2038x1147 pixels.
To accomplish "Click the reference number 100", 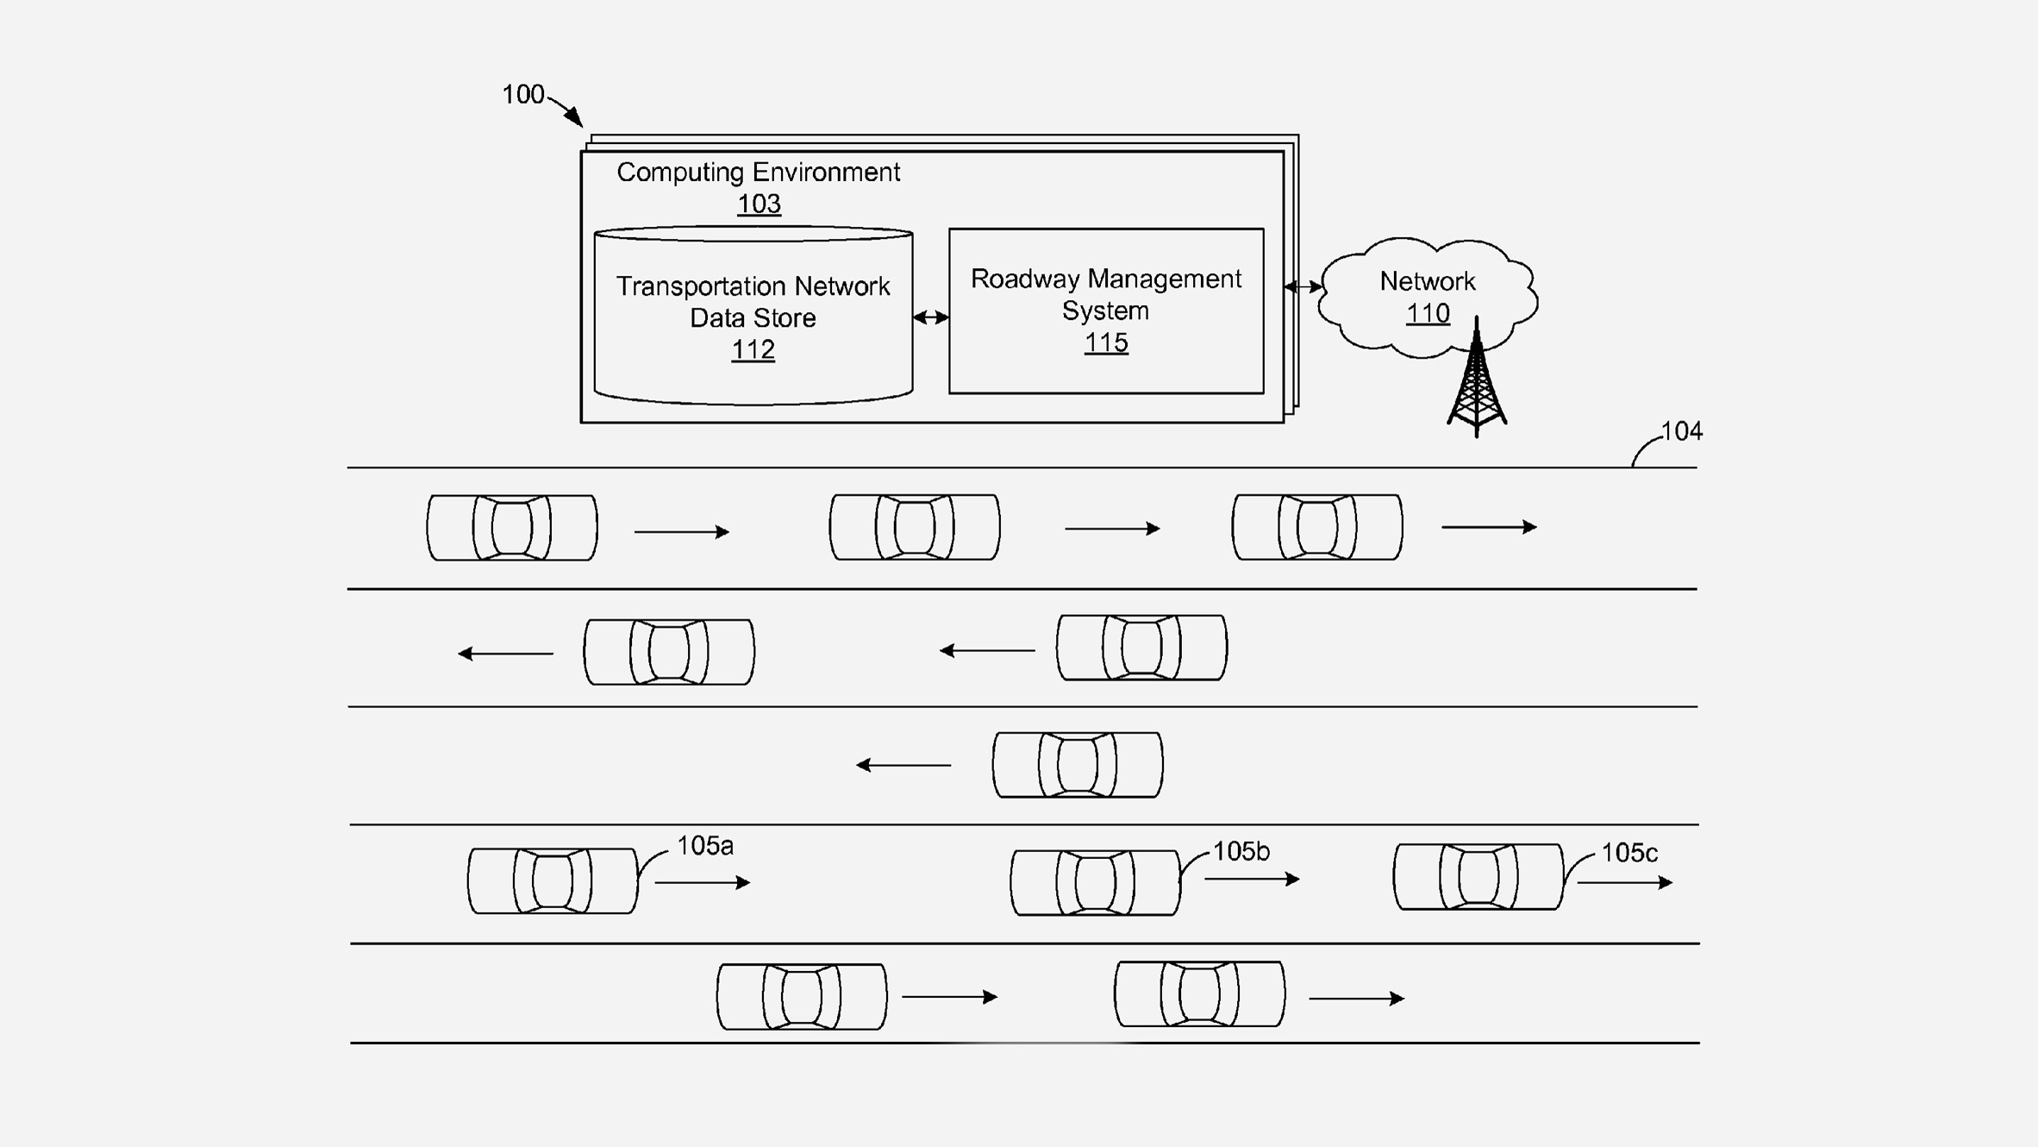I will (522, 94).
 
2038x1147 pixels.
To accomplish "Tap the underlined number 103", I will (759, 204).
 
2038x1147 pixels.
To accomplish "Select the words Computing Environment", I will (758, 172).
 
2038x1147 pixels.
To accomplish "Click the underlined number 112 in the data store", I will (753, 350).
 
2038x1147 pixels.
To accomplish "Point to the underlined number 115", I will (1105, 343).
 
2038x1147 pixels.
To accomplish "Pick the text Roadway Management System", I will (1105, 295).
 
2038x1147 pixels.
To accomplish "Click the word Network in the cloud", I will (1427, 281).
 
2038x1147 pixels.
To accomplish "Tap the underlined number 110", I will (1427, 314).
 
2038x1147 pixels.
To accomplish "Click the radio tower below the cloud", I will (1476, 384).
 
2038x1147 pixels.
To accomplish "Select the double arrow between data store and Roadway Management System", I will (930, 317).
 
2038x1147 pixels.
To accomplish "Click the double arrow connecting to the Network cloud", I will (1302, 286).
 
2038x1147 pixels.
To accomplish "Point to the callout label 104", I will (1681, 431).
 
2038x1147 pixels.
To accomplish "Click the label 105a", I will (704, 846).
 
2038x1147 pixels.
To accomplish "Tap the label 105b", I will (1241, 852).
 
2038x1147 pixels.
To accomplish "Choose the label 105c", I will (1629, 854).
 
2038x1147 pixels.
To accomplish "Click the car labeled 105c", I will (1478, 877).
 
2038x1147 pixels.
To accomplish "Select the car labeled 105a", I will (553, 881).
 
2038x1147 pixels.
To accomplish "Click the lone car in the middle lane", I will (1077, 765).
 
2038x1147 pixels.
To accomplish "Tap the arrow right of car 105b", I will (1252, 880).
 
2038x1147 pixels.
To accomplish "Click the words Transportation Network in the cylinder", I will (753, 286).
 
